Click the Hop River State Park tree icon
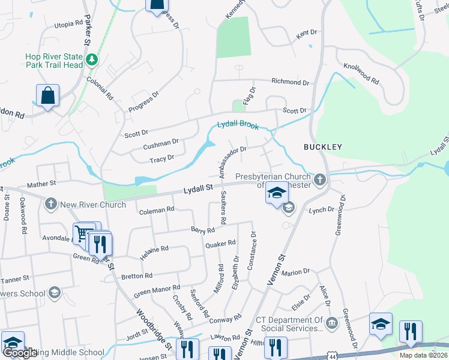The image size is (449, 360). pos(91,59)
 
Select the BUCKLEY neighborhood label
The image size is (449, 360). pos(322,146)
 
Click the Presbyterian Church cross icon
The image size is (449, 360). pos(321,178)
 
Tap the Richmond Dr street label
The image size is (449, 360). pos(290,82)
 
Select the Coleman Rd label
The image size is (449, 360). pos(156,209)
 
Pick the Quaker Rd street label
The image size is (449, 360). pos(220,244)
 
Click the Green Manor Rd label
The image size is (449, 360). pos(157,292)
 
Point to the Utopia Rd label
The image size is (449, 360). pos(68,24)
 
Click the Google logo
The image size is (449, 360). pos(20,353)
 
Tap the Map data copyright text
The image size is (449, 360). pos(423,355)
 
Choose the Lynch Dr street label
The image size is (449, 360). pos(321,209)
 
